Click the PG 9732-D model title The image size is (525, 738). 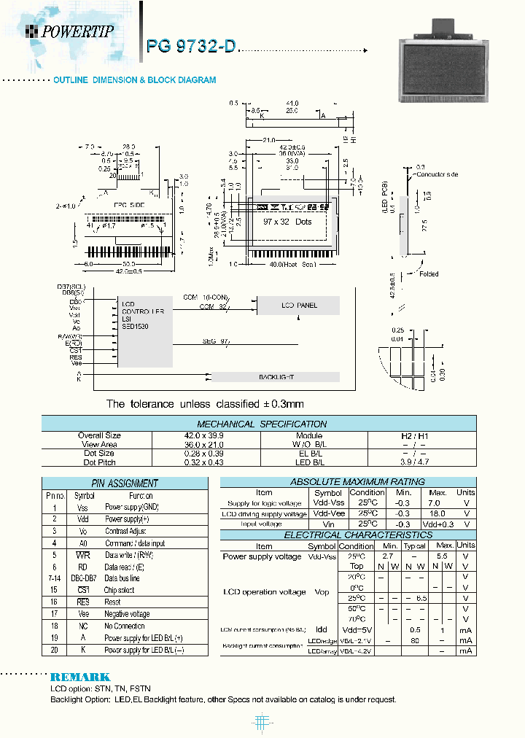click(x=191, y=46)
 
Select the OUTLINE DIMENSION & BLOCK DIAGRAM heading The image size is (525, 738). click(x=135, y=80)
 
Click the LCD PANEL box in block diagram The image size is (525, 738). click(x=299, y=306)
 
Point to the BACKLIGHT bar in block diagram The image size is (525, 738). click(x=276, y=377)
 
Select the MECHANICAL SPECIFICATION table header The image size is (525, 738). click(x=262, y=424)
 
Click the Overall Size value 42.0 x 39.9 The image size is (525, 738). click(x=206, y=435)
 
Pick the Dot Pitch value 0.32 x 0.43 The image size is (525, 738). click(x=206, y=462)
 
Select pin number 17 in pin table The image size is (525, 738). click(x=54, y=614)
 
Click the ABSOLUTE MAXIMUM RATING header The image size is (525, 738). click(x=347, y=482)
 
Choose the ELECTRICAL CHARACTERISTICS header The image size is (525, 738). click(x=347, y=535)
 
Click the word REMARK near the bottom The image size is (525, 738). click(x=80, y=677)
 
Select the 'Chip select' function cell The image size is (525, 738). click(x=120, y=590)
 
